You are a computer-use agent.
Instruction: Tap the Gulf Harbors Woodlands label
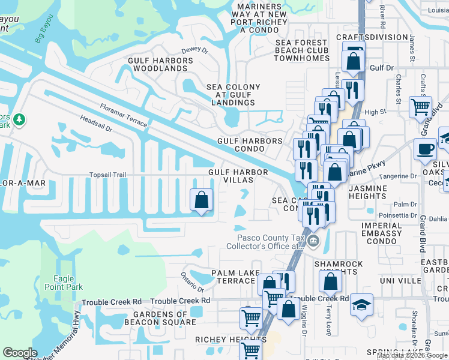point(161,64)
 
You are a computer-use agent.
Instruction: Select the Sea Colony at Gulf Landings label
point(234,95)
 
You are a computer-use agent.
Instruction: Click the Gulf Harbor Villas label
point(238,176)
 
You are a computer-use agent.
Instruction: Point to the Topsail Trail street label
point(107,175)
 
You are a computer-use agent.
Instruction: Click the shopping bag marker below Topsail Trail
point(202,200)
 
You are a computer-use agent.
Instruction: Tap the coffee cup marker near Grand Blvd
point(426,149)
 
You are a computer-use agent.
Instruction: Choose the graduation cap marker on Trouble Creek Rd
point(361,304)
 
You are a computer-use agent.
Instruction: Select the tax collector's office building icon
point(313,241)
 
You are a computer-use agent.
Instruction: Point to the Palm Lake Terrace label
point(234,277)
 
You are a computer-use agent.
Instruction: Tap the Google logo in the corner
point(20,353)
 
